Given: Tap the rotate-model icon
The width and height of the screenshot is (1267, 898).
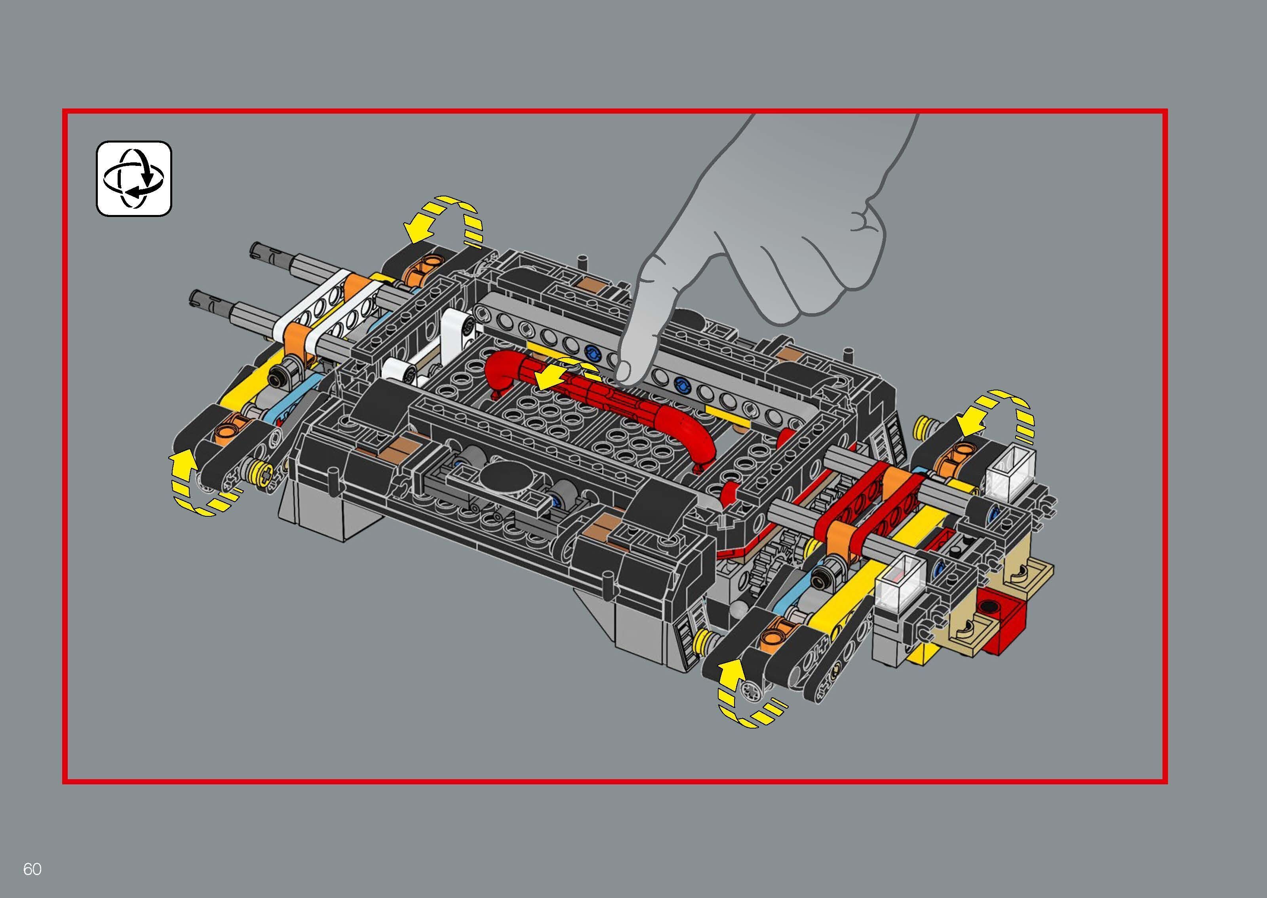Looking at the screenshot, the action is click(134, 178).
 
